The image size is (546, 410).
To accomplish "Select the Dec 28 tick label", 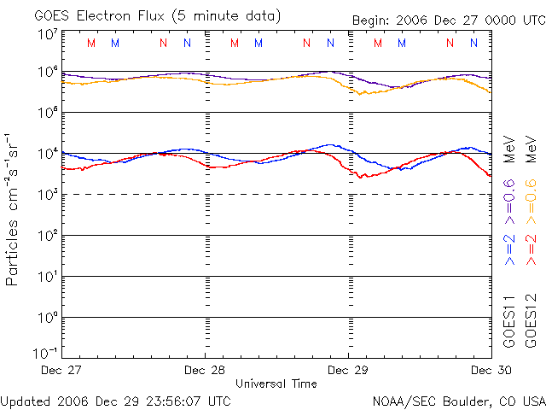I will click(206, 370).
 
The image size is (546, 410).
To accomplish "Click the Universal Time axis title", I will click(276, 384).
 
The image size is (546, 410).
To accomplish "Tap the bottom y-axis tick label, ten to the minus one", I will click(46, 353).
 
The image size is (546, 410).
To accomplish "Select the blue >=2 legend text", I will click(509, 248).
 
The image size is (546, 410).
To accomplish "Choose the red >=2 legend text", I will click(531, 248).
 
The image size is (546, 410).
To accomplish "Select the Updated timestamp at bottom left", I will click(115, 400).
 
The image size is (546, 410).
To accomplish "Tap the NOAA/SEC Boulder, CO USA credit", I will click(458, 400).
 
